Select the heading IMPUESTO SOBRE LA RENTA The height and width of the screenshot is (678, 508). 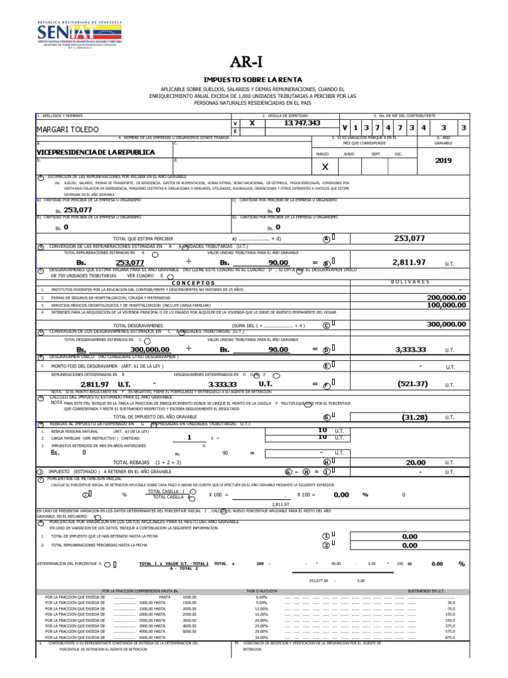pyautogui.click(x=253, y=79)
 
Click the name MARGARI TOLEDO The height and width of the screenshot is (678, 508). pyautogui.click(x=67, y=128)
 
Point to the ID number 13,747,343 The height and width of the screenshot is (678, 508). pyautogui.click(x=302, y=123)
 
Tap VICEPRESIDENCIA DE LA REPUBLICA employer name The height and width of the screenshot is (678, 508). pyautogui.click(x=96, y=152)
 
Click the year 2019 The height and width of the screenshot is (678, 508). pyautogui.click(x=443, y=160)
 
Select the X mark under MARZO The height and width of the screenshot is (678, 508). pyautogui.click(x=324, y=168)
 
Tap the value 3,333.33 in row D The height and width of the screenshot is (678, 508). pyautogui.click(x=410, y=349)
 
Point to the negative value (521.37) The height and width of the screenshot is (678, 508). pyautogui.click(x=412, y=384)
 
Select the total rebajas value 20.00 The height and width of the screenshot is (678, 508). pyautogui.click(x=415, y=462)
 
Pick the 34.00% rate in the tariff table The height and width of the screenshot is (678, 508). pyautogui.click(x=261, y=638)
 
